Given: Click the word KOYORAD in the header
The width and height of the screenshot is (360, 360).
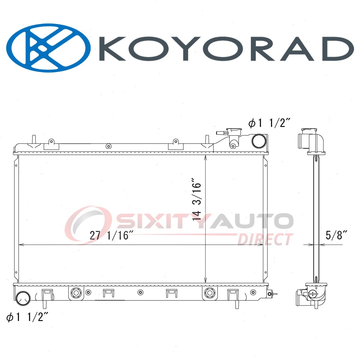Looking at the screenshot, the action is [226, 49].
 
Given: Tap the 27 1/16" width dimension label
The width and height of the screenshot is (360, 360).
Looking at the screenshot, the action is [112, 235].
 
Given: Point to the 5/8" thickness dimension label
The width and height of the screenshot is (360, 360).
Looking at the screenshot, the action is [337, 235].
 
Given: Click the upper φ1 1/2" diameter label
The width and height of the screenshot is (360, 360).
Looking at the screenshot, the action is [269, 124].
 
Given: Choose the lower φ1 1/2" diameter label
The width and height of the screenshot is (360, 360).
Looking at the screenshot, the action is [28, 317].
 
